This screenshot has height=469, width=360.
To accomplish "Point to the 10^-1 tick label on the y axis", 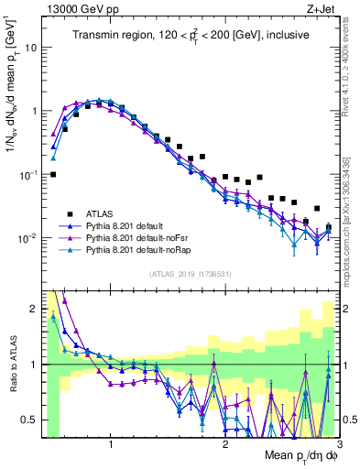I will [x=27, y=173].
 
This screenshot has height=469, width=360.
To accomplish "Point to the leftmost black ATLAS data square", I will [x=53, y=174].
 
